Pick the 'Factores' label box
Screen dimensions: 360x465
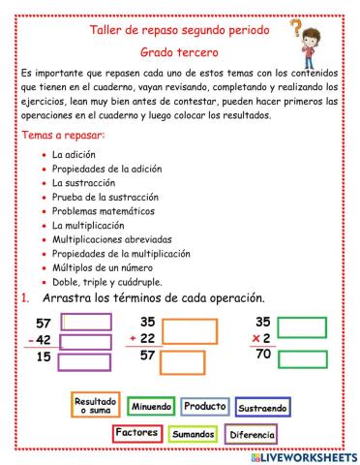[x=136, y=432]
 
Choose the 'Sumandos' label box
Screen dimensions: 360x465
[x=194, y=435]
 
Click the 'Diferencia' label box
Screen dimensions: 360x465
[x=253, y=435]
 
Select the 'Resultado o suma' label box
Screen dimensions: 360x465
[x=96, y=405]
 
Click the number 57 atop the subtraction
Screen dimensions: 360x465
[x=43, y=322]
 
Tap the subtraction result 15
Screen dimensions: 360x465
[x=44, y=358]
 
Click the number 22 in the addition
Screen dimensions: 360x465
[x=148, y=338]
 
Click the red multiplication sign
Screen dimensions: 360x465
[x=255, y=339]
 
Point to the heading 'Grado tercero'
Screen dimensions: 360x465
[x=178, y=49]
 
